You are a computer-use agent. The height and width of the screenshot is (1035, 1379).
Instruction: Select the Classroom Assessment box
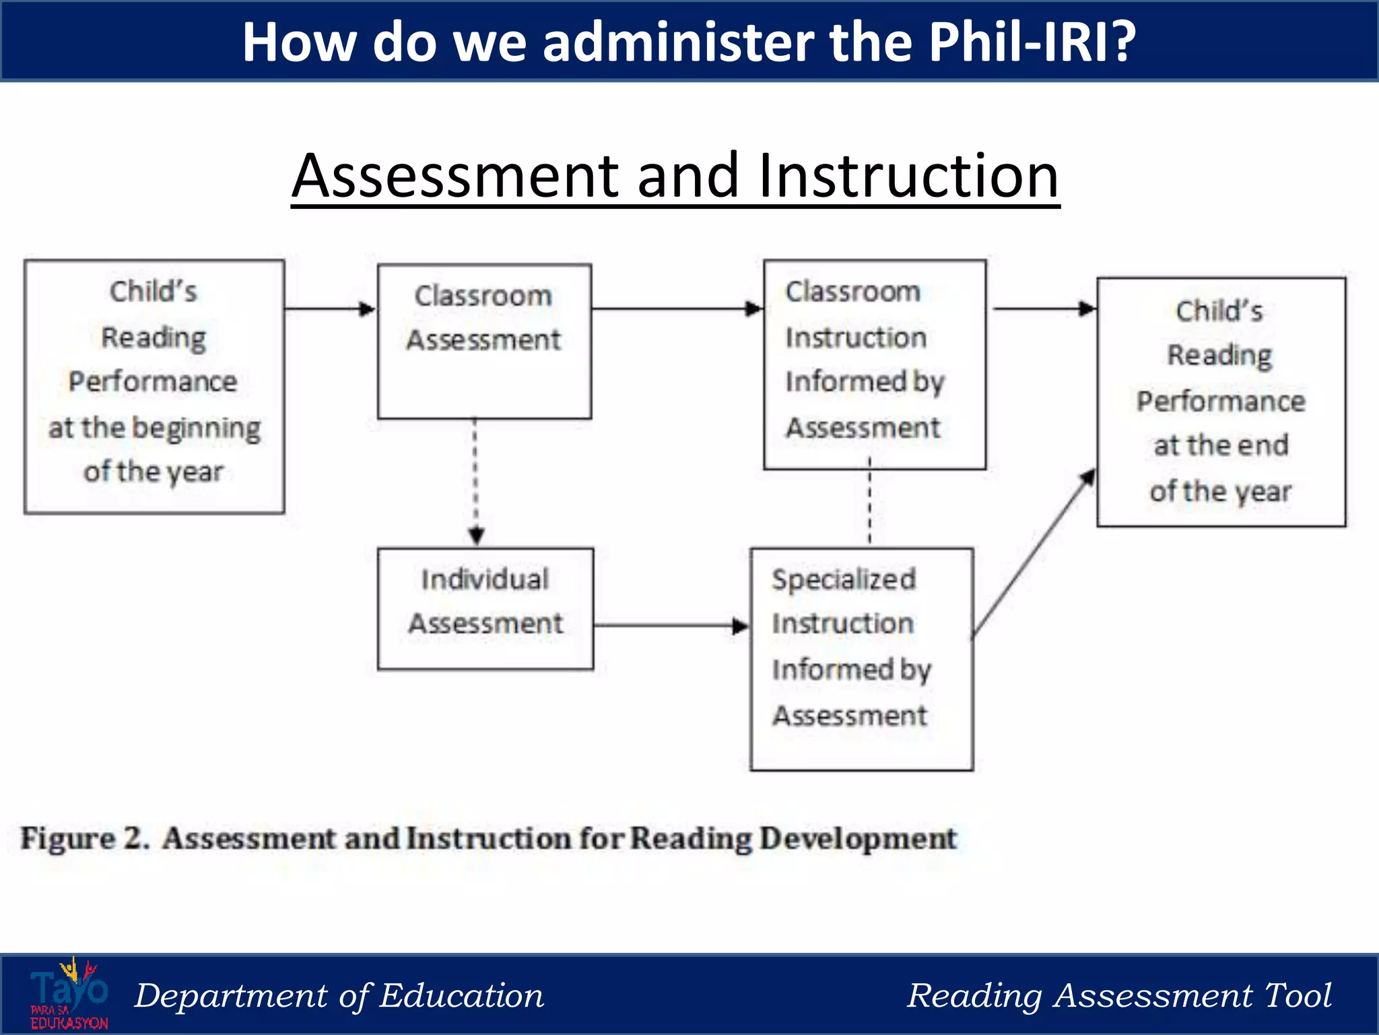[484, 341]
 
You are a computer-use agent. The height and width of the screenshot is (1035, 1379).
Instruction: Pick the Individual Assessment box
[485, 608]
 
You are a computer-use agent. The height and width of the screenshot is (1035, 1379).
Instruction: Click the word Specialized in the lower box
[844, 579]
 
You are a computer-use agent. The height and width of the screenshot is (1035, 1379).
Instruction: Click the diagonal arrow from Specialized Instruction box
[1034, 553]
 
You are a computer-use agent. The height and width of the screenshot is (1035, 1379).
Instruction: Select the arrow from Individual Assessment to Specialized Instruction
[671, 626]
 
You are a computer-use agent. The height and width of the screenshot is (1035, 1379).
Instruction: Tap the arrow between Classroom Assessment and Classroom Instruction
[677, 309]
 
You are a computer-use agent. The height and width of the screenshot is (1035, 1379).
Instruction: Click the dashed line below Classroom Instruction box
[869, 502]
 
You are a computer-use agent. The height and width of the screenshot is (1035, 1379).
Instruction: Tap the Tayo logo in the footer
[69, 994]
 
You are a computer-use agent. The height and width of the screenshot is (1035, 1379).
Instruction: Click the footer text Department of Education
[339, 996]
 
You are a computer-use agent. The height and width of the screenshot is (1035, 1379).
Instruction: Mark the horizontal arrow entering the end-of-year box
[1044, 309]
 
